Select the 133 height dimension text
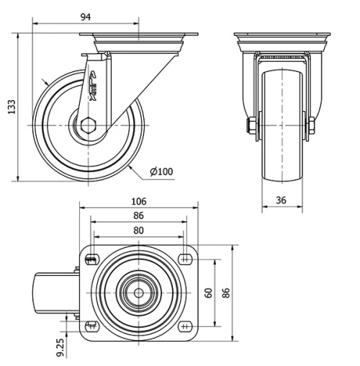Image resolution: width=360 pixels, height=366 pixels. pyautogui.click(x=11, y=106)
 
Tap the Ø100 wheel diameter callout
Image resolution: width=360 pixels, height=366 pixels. pyautogui.click(x=161, y=171)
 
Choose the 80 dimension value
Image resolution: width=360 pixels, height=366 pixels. pyautogui.click(x=139, y=231)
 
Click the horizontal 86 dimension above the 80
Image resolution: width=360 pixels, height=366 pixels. pyautogui.click(x=139, y=215)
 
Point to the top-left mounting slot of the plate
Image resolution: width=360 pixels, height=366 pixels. pyautogui.click(x=91, y=259)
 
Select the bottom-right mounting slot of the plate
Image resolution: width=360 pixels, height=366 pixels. pyautogui.click(x=186, y=325)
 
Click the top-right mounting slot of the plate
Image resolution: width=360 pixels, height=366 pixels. pyautogui.click(x=186, y=259)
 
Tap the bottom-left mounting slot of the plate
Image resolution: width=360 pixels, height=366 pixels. pyautogui.click(x=91, y=325)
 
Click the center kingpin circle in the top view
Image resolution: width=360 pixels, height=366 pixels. pyautogui.click(x=138, y=292)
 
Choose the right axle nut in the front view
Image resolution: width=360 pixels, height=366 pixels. pyautogui.click(x=313, y=127)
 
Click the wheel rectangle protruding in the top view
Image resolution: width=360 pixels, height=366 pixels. pyautogui.click(x=53, y=293)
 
